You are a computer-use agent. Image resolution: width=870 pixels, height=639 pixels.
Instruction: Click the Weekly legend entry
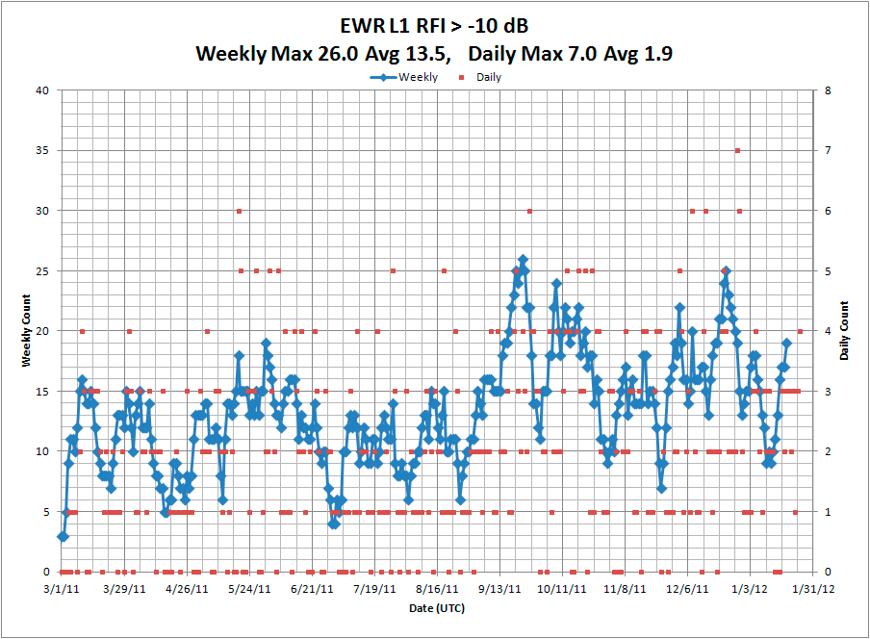coord(404,77)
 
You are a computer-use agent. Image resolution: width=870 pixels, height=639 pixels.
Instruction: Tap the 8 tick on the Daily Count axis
coord(829,90)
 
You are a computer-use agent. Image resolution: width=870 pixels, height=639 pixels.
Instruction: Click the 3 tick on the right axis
coord(829,392)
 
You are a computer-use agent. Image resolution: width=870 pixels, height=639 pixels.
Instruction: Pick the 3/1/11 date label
coord(63,588)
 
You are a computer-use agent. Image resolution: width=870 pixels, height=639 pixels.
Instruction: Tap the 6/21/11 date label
coord(312,588)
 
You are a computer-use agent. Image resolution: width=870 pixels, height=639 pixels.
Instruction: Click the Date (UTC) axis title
coord(436,609)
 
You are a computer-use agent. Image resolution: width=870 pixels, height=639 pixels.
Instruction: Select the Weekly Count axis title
coord(28,330)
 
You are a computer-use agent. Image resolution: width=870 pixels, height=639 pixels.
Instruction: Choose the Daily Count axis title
coord(844,330)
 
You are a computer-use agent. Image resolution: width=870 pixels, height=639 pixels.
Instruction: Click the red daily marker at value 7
coord(737,150)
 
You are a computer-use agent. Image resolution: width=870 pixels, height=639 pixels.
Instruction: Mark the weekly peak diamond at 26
coord(523,259)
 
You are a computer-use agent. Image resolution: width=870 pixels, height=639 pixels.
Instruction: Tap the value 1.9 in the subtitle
coord(654,53)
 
